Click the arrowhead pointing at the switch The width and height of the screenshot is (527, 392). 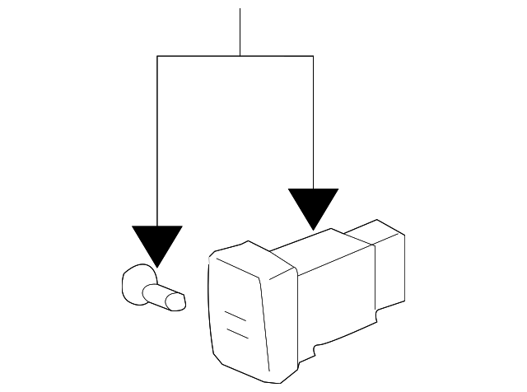click(x=313, y=206)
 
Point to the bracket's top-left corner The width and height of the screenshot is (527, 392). click(x=156, y=56)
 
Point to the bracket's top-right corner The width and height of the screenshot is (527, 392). click(x=313, y=56)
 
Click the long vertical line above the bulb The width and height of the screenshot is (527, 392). click(x=156, y=140)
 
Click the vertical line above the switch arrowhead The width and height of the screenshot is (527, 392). click(x=313, y=124)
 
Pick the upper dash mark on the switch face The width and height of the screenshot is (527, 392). click(x=236, y=316)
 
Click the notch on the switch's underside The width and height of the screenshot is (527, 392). click(x=315, y=349)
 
